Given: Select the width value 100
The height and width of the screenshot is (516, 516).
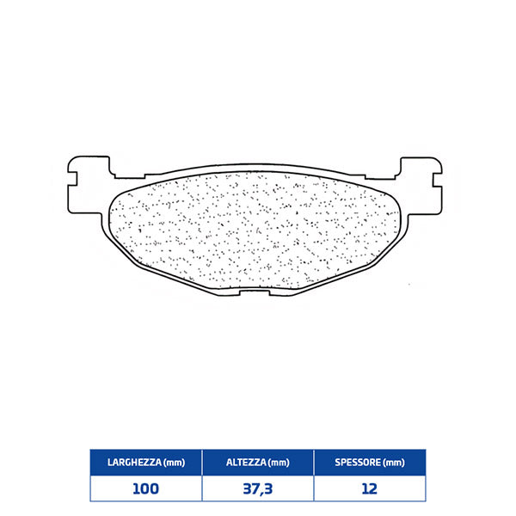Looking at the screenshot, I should (x=146, y=488).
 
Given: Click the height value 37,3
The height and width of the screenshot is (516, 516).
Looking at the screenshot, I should (x=257, y=488).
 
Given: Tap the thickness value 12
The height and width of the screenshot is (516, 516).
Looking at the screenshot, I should (x=370, y=488).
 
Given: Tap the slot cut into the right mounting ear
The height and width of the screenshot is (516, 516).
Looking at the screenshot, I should (x=441, y=181).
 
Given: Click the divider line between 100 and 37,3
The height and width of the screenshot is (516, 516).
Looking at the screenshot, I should (x=202, y=488).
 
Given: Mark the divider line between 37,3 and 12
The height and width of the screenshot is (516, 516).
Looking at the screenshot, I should (x=314, y=488).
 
